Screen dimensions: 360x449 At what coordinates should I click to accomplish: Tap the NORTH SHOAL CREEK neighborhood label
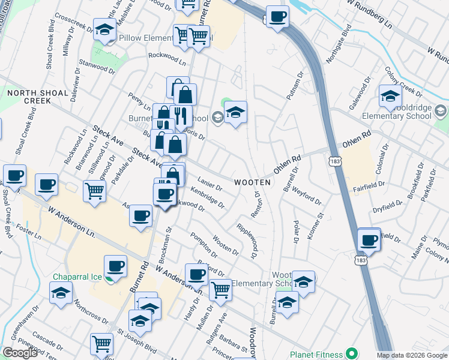pyautogui.click(x=29, y=97)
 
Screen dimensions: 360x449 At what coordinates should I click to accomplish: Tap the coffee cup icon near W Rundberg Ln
pyautogui.click(x=277, y=17)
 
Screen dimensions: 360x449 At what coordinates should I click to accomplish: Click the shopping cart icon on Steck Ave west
pyautogui.click(x=95, y=191)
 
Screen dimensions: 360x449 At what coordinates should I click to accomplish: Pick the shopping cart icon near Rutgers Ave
pyautogui.click(x=221, y=290)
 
